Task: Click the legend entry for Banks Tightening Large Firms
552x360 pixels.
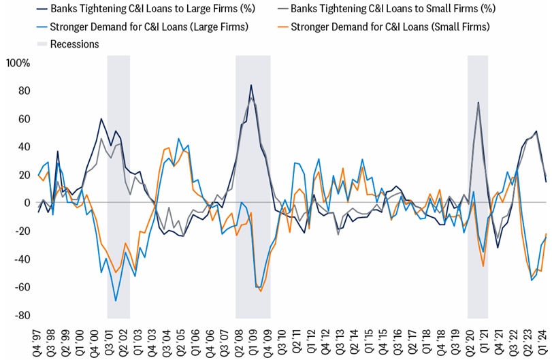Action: [x=136, y=9]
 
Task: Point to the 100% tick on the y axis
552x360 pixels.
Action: [x=17, y=63]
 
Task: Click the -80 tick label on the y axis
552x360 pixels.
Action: [x=21, y=315]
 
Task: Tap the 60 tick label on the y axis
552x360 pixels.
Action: [x=23, y=119]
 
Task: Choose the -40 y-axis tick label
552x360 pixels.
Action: [x=21, y=259]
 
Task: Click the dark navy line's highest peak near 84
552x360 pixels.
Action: [x=251, y=85]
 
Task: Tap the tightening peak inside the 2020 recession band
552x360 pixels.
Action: [x=478, y=103]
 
